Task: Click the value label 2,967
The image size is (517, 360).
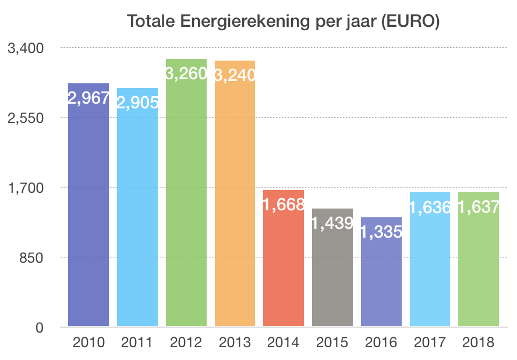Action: (88, 98)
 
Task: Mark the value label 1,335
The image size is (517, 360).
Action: (381, 232)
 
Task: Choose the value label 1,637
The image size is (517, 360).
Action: (479, 207)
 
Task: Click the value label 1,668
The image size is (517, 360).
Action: (284, 204)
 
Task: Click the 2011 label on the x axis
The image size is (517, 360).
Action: (137, 343)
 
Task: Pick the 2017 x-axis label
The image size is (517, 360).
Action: (430, 343)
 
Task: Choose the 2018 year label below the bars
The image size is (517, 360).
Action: (479, 343)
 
